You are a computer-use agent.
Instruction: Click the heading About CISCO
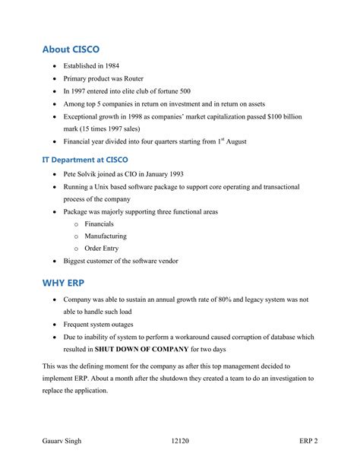click(71, 49)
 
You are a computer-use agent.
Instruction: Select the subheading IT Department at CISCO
click(85, 160)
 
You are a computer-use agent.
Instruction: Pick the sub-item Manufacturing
click(106, 236)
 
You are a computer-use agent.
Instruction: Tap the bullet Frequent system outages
click(102, 324)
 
